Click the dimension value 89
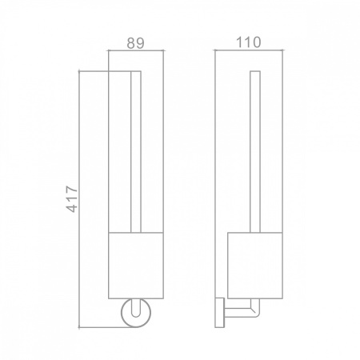(x=135, y=43)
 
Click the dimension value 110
(x=249, y=42)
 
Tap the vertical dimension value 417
(x=72, y=199)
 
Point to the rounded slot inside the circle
(x=136, y=308)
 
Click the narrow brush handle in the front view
(x=136, y=152)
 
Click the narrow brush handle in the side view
(x=255, y=152)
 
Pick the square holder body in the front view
(x=136, y=266)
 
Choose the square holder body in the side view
(x=255, y=266)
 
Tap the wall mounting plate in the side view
(x=220, y=313)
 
